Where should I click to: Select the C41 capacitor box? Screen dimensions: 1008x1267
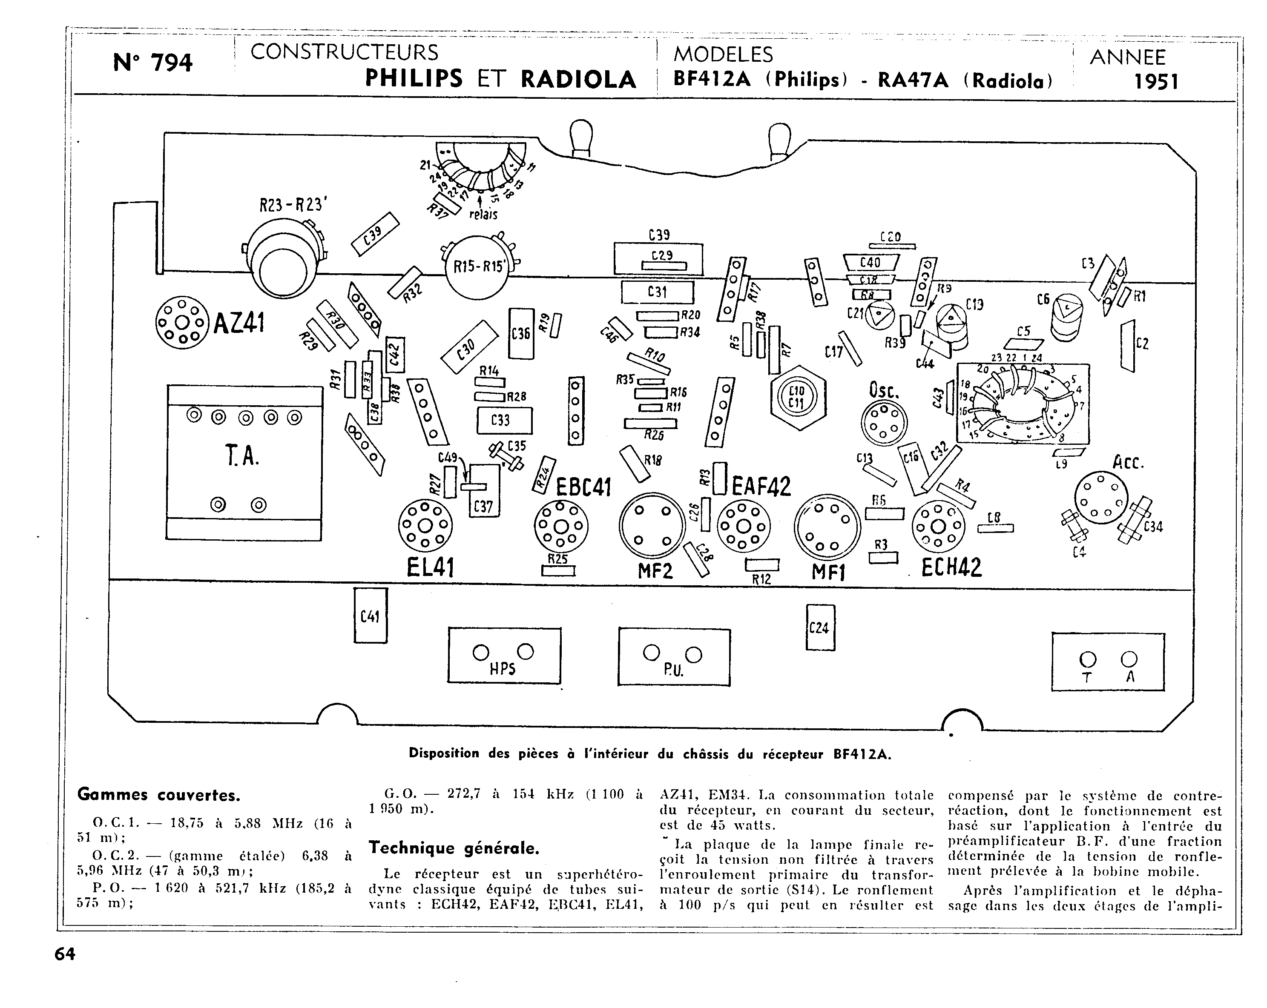click(370, 616)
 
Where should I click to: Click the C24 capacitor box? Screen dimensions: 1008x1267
click(819, 627)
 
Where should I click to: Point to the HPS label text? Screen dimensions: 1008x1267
click(503, 668)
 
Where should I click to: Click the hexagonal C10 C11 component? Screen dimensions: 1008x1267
click(797, 397)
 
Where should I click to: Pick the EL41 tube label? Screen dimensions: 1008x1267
click(430, 567)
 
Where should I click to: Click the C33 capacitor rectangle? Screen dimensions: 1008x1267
click(503, 421)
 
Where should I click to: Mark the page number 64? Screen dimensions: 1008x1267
click(65, 954)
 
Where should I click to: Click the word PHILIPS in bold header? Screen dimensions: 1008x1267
click(414, 79)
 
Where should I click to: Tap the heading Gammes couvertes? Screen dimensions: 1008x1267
click(159, 795)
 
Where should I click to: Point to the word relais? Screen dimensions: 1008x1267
click(483, 215)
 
